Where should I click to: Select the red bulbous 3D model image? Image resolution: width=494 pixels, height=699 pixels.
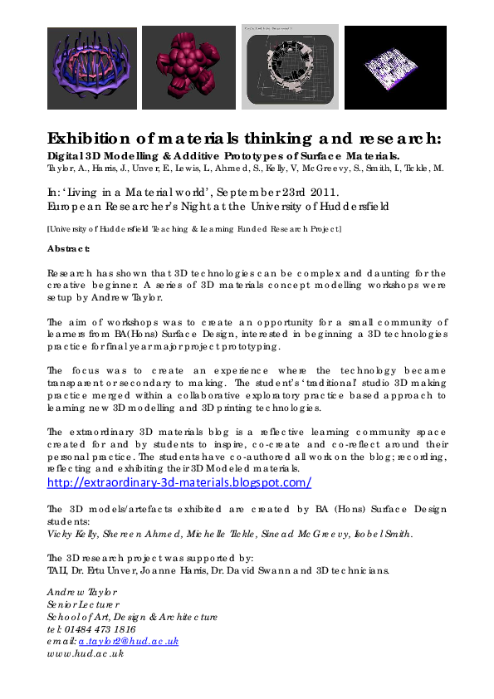point(188,67)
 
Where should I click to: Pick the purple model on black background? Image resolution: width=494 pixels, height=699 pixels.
point(394,67)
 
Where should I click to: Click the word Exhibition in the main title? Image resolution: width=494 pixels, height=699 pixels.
point(93,138)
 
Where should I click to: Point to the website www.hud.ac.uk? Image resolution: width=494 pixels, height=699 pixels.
point(86,653)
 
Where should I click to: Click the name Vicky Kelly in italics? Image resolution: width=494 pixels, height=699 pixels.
point(71,534)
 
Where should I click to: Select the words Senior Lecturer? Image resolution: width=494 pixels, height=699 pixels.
point(83,605)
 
